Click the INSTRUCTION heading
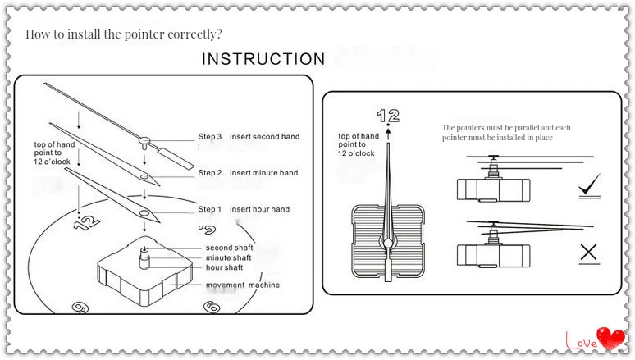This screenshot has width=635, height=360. [263, 59]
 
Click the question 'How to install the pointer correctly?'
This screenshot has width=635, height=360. [124, 34]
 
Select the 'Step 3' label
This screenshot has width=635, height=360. [210, 137]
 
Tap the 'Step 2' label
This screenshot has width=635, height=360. [210, 173]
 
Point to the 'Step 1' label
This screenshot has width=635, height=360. [210, 210]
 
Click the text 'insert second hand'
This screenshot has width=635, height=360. [264, 137]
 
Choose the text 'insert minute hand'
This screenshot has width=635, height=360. [263, 173]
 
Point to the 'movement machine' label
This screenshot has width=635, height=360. [242, 285]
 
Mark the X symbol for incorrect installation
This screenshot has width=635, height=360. [589, 253]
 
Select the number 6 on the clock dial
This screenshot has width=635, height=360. [211, 306]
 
